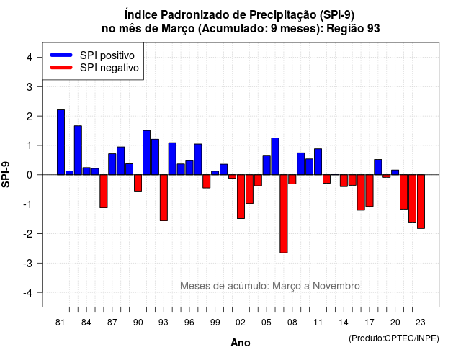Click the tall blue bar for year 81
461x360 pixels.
61,143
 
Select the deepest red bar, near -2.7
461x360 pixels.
284,214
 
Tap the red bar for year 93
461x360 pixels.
164,198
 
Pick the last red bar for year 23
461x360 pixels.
421,202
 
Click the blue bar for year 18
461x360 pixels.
378,167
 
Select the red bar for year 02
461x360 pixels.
241,197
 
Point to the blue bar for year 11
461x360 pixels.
318,161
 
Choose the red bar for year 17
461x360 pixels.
370,190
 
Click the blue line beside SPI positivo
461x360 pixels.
61,55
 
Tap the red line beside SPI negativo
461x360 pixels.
61,68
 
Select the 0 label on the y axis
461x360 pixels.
30,175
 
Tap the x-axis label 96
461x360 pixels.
189,323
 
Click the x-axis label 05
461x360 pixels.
267,323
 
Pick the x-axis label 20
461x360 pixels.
395,323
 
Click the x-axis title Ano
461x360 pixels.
241,343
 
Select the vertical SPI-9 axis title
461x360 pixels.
6,174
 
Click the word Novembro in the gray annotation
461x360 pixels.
336,286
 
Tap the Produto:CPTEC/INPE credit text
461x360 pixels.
394,338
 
